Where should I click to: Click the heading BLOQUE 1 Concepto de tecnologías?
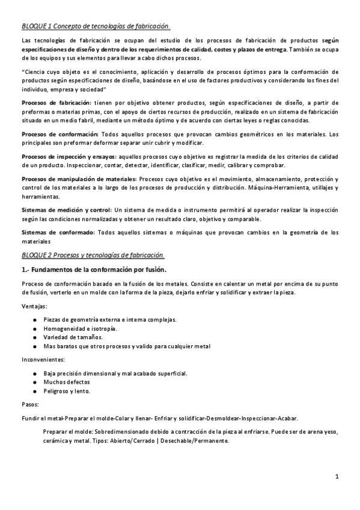[x=96, y=26]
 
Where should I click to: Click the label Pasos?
[x=31, y=405]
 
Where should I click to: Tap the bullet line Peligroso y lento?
[x=67, y=391]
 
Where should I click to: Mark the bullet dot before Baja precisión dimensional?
[x=36, y=373]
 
